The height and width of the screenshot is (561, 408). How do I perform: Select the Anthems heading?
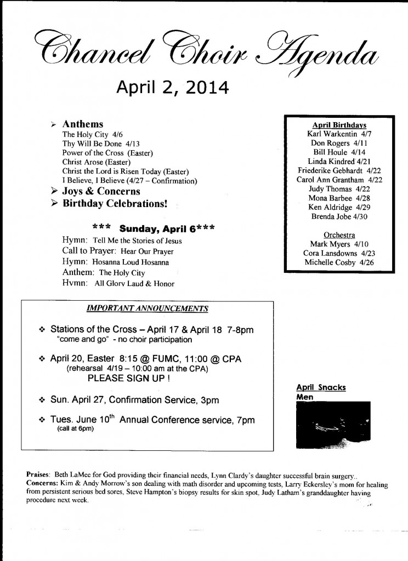pyautogui.click(x=83, y=124)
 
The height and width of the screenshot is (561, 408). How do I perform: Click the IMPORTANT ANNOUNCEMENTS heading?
pyautogui.click(x=148, y=308)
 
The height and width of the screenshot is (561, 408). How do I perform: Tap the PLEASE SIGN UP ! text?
pyautogui.click(x=128, y=378)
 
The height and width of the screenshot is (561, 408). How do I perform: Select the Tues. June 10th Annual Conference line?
pyautogui.click(x=153, y=420)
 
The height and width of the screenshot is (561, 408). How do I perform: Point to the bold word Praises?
pyautogui.click(x=38, y=473)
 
